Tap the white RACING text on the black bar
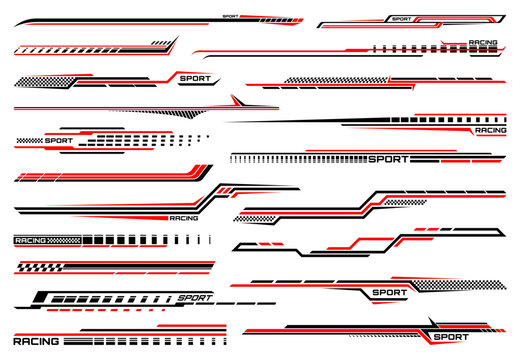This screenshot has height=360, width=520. pyautogui.click(x=30, y=240)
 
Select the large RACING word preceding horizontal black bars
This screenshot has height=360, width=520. pyautogui.click(x=36, y=340)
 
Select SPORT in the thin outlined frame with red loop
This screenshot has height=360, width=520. pyautogui.click(x=401, y=18)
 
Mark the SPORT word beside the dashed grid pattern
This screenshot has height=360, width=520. pyautogui.click(x=59, y=141)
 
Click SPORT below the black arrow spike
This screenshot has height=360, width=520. pyautogui.click(x=449, y=337)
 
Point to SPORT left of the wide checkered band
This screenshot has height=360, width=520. pyautogui.click(x=390, y=293)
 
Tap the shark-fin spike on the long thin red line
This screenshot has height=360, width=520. pyautogui.click(x=234, y=101)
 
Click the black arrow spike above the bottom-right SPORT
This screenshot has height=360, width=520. pyautogui.click(x=433, y=322)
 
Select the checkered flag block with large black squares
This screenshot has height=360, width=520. pyautogui.click(x=39, y=267)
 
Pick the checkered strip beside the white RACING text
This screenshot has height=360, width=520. pyautogui.click(x=66, y=240)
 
